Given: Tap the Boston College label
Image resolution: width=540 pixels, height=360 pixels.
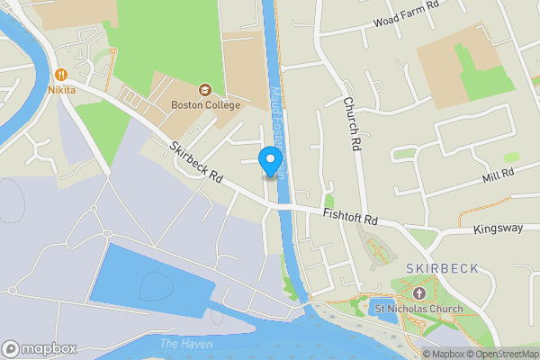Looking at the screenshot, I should [x=205, y=105].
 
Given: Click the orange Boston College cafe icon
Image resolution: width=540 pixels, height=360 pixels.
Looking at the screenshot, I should [x=205, y=90].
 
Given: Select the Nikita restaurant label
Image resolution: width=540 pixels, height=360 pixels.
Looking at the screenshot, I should [x=62, y=90].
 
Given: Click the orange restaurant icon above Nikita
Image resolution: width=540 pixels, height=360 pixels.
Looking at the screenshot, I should [x=62, y=75].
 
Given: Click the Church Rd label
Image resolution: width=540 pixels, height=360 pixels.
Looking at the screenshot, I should [x=351, y=122].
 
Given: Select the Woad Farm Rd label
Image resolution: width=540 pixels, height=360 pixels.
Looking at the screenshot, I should [x=405, y=13].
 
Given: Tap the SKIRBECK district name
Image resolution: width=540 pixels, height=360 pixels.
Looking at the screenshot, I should [x=436, y=269].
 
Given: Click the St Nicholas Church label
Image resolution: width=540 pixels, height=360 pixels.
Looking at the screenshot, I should [x=418, y=310].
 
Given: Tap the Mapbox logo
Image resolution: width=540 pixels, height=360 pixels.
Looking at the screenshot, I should [x=39, y=349].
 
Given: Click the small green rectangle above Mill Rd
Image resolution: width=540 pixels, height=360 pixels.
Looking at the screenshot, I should [x=511, y=157].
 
